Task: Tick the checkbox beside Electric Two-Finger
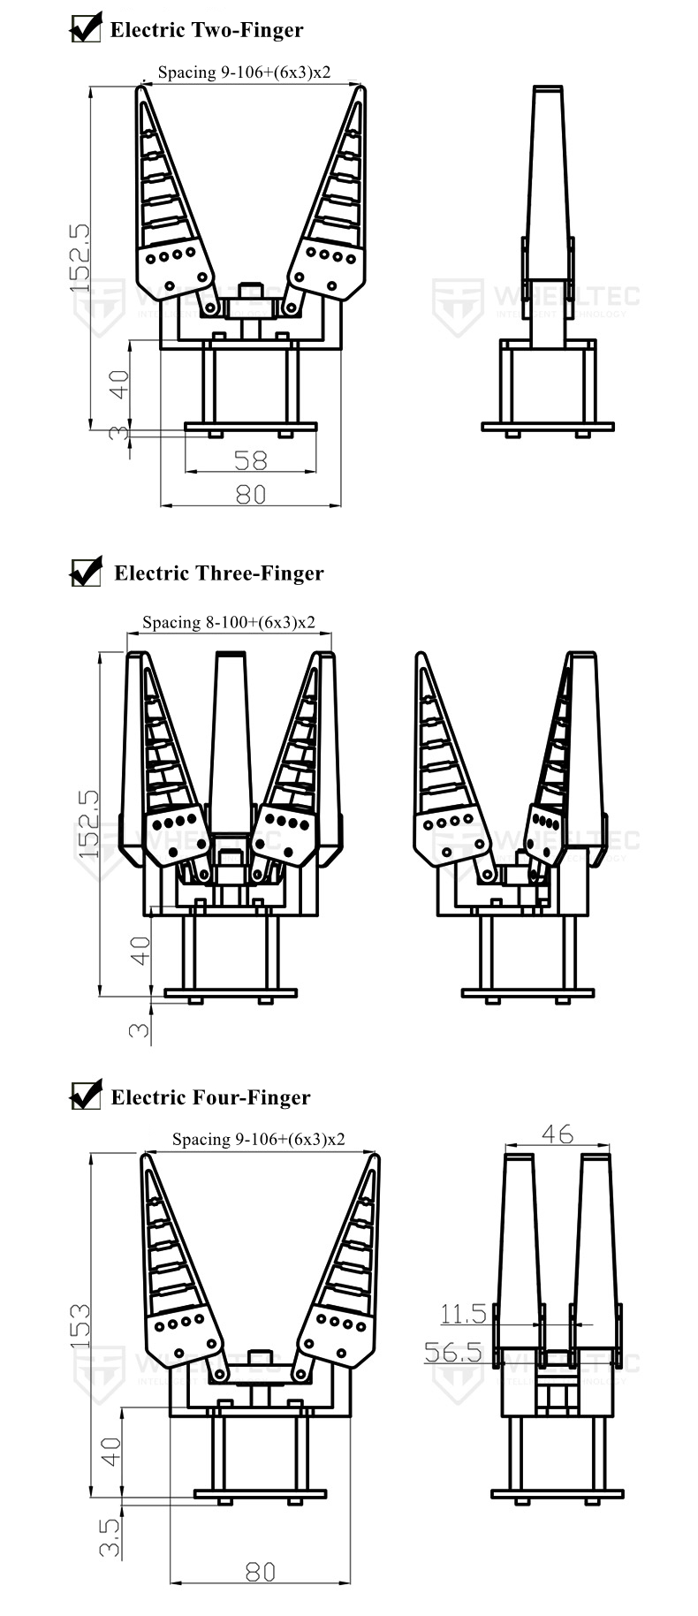click(85, 29)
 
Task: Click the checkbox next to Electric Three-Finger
click(86, 572)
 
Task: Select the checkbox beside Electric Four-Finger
click(86, 1096)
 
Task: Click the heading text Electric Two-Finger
click(206, 30)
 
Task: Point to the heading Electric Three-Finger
click(219, 573)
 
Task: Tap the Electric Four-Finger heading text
click(210, 1097)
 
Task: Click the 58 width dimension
click(250, 459)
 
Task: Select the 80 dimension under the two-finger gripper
click(250, 493)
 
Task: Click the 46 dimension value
click(557, 1133)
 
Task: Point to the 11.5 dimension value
click(463, 1314)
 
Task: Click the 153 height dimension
click(80, 1324)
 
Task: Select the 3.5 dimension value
click(110, 1536)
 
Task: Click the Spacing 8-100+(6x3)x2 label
click(229, 622)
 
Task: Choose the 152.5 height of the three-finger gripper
click(88, 823)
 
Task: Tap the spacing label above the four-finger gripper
click(258, 1139)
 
